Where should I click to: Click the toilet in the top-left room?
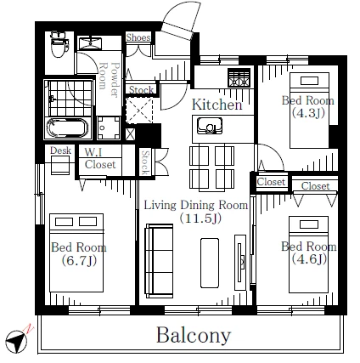pos(59,44)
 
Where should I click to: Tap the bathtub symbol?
pos(67,128)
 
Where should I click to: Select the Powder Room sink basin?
pos(90,43)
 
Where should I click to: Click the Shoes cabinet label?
pos(138,37)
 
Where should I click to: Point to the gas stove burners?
pos(239,77)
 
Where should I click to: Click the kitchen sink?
pos(210,126)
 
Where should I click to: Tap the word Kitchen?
pos(217,105)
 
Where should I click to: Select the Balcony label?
pos(194,335)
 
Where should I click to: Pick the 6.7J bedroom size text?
pos(79,261)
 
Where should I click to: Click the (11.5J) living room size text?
pos(200,218)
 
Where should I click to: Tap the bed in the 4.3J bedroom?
pos(309,111)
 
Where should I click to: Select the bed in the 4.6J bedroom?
pos(308,254)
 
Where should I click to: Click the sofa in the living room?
pos(159,261)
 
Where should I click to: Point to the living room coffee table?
pos(210,264)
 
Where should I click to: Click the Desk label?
pos(60,150)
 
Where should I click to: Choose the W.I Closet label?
pos(100,159)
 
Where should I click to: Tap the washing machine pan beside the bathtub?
pos(109,128)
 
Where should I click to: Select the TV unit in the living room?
pos(240,262)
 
